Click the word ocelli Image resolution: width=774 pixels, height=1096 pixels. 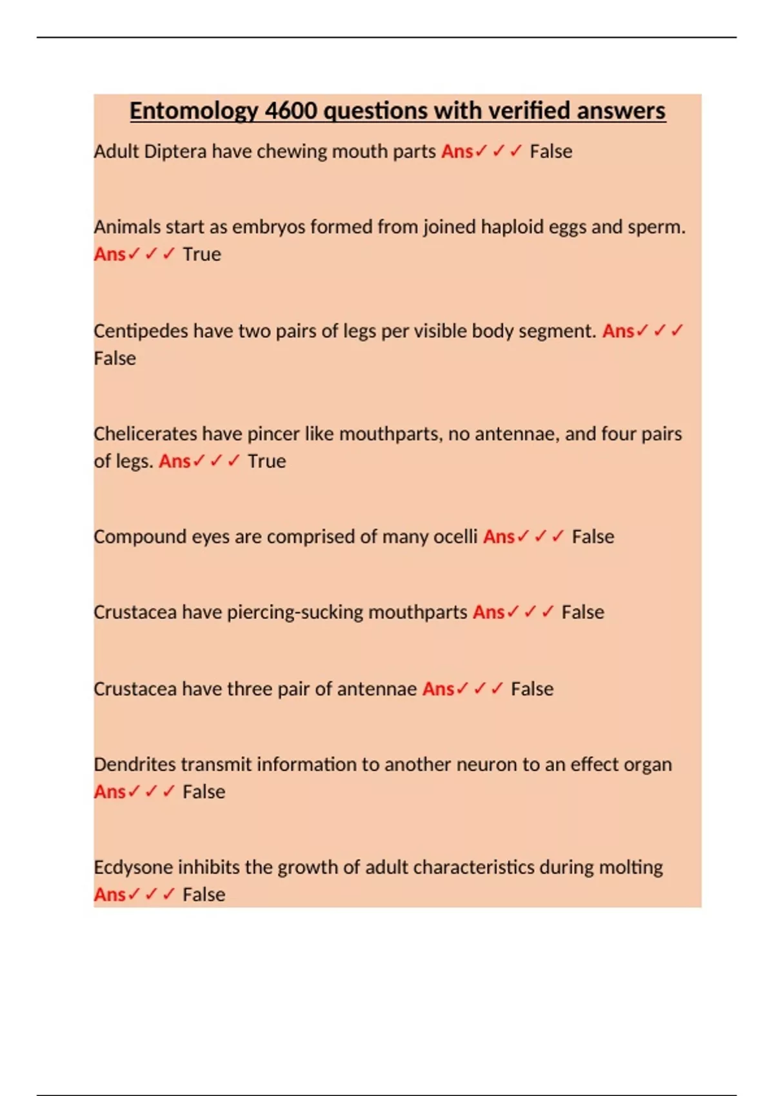point(455,537)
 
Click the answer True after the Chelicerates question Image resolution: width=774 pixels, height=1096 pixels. point(266,462)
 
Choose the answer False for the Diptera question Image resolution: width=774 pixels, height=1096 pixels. point(551,152)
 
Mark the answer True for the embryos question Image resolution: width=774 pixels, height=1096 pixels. point(201,255)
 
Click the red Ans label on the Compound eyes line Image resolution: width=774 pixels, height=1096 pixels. point(499,537)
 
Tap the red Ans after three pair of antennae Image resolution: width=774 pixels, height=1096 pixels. point(438,689)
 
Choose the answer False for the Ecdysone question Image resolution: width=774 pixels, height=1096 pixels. point(204,895)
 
